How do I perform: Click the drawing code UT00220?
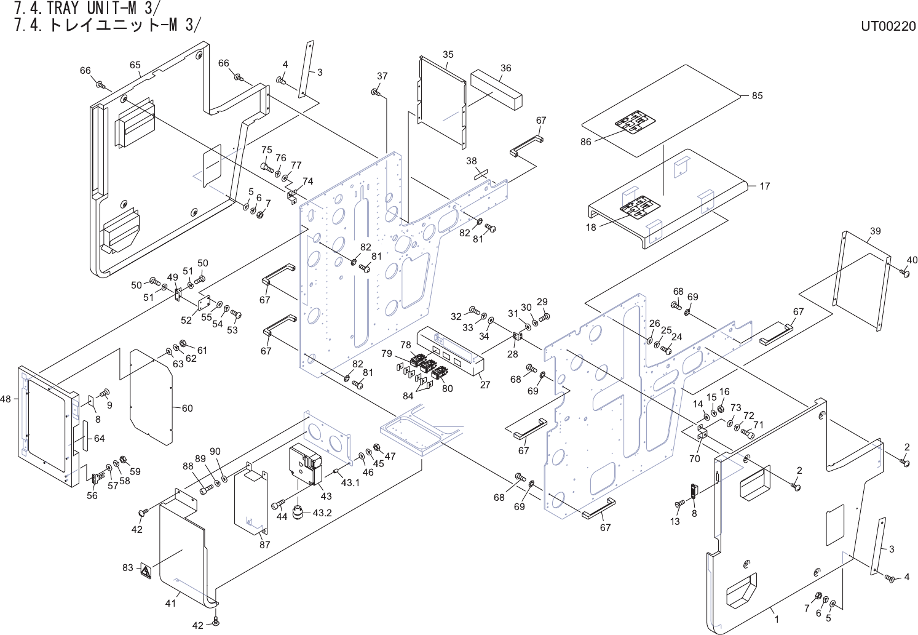point(887,26)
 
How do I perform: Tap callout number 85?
point(757,95)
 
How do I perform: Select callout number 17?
point(765,186)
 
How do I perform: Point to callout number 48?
point(6,398)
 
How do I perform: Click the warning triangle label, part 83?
point(146,570)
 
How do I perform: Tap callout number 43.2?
point(322,513)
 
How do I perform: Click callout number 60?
point(188,408)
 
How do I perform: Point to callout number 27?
point(485,385)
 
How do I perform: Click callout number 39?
point(875,231)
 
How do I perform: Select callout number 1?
point(777,620)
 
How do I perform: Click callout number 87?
point(265,545)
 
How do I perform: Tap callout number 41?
point(170,604)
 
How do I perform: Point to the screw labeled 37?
point(376,92)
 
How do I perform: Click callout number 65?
point(135,65)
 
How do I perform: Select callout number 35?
point(448,54)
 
